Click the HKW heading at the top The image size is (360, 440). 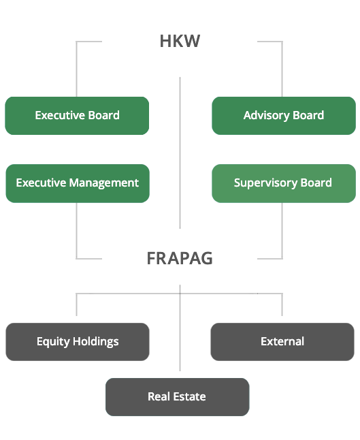pyautogui.click(x=180, y=41)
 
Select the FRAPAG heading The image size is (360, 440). pyautogui.click(x=180, y=259)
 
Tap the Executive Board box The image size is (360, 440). pyautogui.click(x=77, y=116)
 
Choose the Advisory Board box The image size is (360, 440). pyautogui.click(x=283, y=116)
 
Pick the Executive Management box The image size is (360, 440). pyautogui.click(x=77, y=183)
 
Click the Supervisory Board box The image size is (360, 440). pyautogui.click(x=283, y=183)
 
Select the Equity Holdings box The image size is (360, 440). pyautogui.click(x=77, y=342)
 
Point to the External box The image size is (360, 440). pyautogui.click(x=282, y=342)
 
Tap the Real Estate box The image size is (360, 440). pyautogui.click(x=177, y=397)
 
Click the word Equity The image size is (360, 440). pyautogui.click(x=52, y=342)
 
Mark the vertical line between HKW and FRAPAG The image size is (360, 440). pyautogui.click(x=180, y=153)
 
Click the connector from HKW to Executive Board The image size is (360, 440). pyautogui.click(x=77, y=68)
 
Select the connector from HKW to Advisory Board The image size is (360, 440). pyautogui.click(x=282, y=68)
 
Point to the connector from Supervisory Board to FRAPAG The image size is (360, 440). pyautogui.click(x=282, y=232)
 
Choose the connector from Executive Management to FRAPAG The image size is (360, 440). pyautogui.click(x=77, y=232)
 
